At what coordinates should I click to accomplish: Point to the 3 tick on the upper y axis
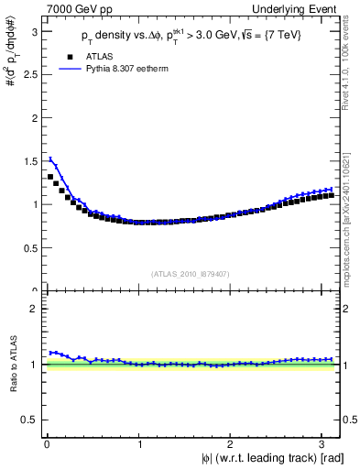[x=35, y=31]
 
